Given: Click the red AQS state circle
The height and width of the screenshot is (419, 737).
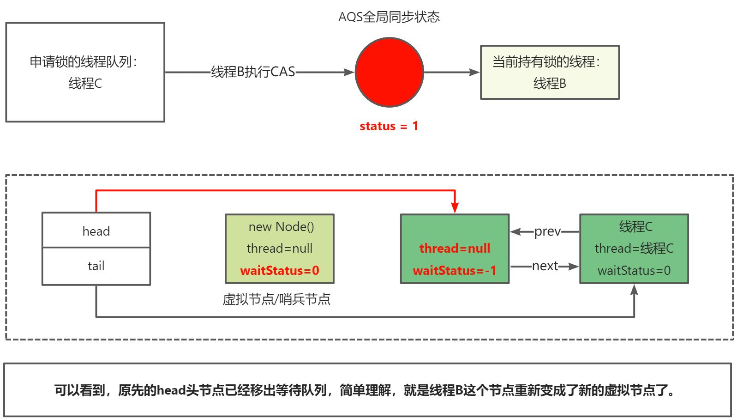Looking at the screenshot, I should point(389,73).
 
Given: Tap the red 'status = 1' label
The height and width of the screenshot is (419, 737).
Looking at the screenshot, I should point(389,126).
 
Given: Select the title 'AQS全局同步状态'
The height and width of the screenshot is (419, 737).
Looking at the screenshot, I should point(389,17).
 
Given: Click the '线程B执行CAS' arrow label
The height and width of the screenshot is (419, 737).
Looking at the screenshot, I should point(253,72).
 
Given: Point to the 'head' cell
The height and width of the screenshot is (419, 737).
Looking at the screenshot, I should point(96,231).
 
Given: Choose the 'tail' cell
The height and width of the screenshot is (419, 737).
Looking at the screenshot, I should point(96,266).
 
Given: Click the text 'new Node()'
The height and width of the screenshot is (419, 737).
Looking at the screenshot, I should point(281,227).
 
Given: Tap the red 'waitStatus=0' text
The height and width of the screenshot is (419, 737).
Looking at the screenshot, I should point(280,270).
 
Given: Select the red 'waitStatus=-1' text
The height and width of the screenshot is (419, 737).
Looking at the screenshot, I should point(455,270).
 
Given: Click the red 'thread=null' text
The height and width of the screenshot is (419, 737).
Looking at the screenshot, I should point(455,249).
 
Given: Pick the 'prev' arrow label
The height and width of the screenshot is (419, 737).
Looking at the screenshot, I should point(547,231).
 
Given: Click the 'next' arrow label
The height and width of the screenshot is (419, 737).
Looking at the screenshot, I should point(545,266).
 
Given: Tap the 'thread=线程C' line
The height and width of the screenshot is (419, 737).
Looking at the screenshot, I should point(634,249).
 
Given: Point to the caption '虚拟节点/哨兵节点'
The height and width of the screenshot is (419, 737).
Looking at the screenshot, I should point(276,299).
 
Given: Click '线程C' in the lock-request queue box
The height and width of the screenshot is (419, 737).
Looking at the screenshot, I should point(85,84).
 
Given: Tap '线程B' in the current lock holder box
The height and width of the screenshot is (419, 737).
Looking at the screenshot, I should point(550,84).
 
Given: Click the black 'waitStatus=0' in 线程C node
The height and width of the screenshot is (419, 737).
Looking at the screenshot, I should point(634,270).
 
